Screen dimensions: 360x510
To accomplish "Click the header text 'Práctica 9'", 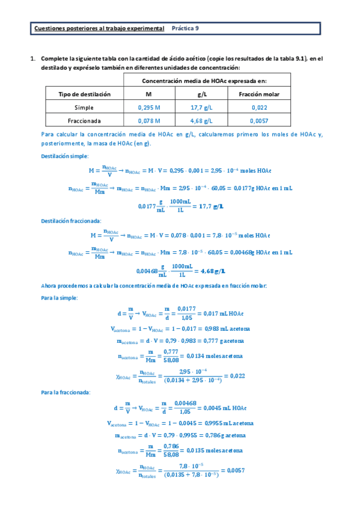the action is (x=186, y=28).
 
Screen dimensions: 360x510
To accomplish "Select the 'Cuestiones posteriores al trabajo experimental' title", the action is (x=99, y=28).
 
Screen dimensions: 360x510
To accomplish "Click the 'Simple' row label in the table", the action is (x=84, y=108).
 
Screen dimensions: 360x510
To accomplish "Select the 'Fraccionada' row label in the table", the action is (x=84, y=120).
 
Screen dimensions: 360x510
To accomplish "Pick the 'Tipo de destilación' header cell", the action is (x=84, y=94).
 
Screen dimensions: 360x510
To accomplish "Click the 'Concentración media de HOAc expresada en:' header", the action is (x=204, y=81).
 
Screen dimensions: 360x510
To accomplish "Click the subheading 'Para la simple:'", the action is (x=58, y=298).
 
